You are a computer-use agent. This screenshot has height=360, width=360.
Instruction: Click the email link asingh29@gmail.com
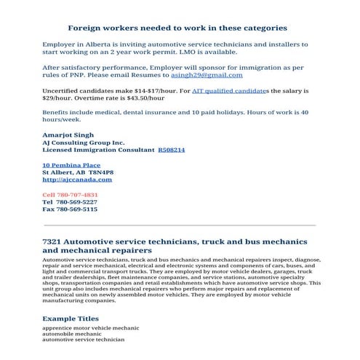point(207,75)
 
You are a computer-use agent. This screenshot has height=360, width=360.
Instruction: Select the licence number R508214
point(172,149)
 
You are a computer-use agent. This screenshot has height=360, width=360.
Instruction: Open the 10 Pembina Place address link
point(71,166)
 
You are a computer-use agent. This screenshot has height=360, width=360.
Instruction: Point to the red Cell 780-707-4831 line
point(70,195)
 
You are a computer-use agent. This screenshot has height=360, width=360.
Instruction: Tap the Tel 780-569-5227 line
point(70,201)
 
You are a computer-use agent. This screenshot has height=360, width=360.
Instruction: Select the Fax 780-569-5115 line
point(70,209)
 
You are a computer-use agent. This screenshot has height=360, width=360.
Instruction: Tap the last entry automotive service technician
point(83,340)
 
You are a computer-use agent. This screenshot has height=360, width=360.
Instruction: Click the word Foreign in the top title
point(86,28)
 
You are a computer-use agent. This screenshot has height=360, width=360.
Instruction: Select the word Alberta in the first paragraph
point(89,44)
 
